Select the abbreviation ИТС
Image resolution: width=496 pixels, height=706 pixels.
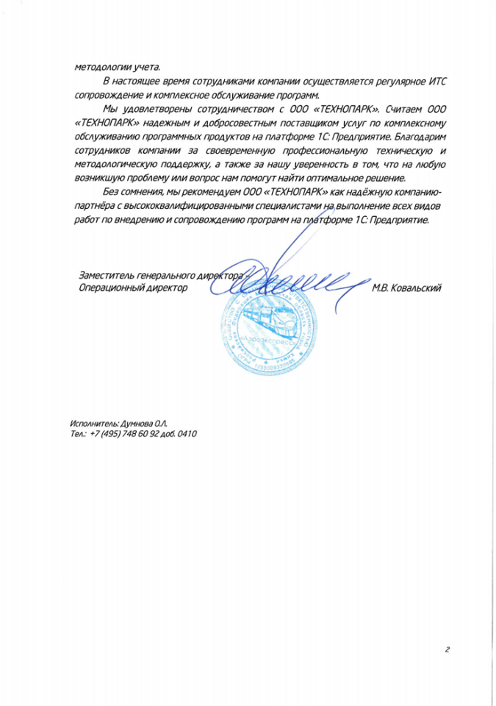(x=434, y=79)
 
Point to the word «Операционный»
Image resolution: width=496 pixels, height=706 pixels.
(x=107, y=288)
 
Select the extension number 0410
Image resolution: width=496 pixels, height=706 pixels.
(x=187, y=435)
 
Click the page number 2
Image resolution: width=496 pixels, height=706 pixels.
(x=446, y=649)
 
